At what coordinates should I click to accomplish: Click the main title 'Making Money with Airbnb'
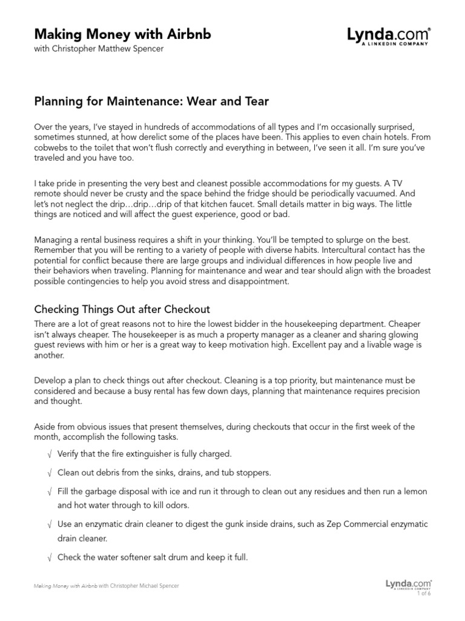pos(122,35)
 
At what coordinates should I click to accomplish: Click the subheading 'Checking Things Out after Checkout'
pos(122,310)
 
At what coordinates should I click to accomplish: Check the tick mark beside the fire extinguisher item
pos(48,454)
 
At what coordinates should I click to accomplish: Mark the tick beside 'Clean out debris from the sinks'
pos(48,472)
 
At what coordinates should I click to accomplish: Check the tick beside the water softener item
pos(48,557)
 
